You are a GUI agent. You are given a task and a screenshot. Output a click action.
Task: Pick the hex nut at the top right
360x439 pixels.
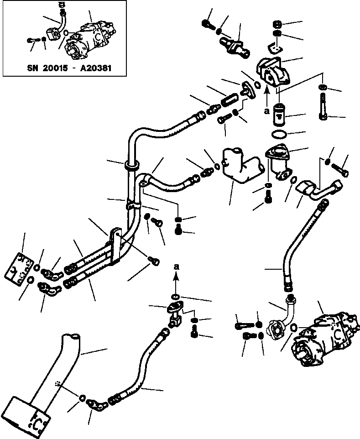(x=276, y=24)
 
